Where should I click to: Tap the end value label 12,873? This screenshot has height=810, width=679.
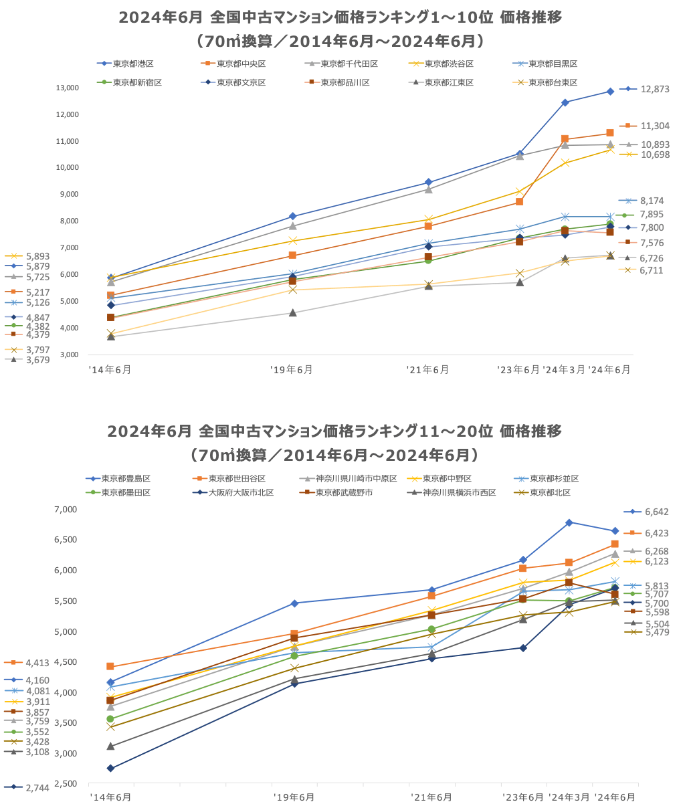pyautogui.click(x=654, y=89)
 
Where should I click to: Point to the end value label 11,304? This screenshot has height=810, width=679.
pyautogui.click(x=654, y=126)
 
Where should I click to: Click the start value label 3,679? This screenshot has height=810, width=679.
pyautogui.click(x=37, y=360)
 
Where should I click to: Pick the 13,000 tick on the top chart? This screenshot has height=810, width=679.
pyautogui.click(x=68, y=88)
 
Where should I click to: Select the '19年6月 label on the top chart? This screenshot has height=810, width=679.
pyautogui.click(x=292, y=369)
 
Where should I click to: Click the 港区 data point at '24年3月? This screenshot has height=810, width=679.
pyautogui.click(x=565, y=102)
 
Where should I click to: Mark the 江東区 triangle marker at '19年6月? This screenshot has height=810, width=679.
pyautogui.click(x=293, y=312)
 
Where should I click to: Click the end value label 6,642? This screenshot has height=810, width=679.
pyautogui.click(x=656, y=512)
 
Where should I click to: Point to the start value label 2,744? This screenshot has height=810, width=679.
pyautogui.click(x=37, y=788)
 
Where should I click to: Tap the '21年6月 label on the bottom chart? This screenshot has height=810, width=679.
pyautogui.click(x=431, y=797)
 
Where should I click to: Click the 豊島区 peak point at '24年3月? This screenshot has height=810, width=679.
pyautogui.click(x=569, y=522)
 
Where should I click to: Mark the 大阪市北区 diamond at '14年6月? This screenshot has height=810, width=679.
pyautogui.click(x=110, y=768)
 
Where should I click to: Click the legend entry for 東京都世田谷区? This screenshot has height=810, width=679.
pyautogui.click(x=237, y=478)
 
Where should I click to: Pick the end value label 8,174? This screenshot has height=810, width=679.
pyautogui.click(x=652, y=201)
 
